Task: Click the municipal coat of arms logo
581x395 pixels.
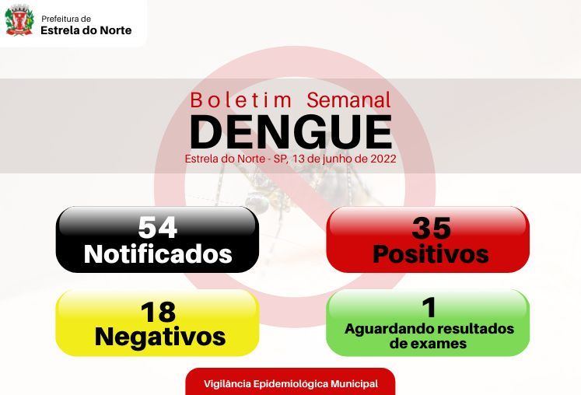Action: tap(19, 21)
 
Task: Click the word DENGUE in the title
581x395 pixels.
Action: tap(291, 131)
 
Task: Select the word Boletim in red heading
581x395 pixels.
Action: tap(241, 100)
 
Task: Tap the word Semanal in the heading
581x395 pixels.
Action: tap(348, 100)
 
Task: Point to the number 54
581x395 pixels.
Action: tap(157, 227)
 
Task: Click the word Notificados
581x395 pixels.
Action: tap(158, 253)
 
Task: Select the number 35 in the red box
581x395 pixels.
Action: tap(432, 228)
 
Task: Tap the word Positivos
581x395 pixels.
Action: tap(431, 253)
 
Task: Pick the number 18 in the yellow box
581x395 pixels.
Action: tap(158, 312)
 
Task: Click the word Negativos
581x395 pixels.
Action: tap(160, 337)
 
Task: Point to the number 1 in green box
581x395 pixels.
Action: tap(429, 307)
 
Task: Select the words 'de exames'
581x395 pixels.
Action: tap(428, 344)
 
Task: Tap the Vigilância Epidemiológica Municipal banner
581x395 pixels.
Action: tap(291, 382)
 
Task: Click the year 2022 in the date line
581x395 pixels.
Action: tap(383, 159)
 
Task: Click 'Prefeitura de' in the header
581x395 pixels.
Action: tap(66, 19)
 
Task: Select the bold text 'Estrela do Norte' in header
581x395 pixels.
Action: tap(86, 30)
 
